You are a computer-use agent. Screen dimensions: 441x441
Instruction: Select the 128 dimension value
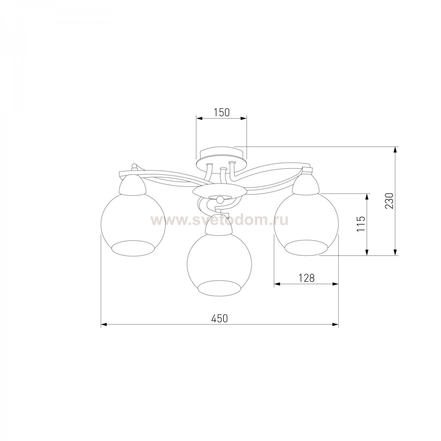pos(307,278)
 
